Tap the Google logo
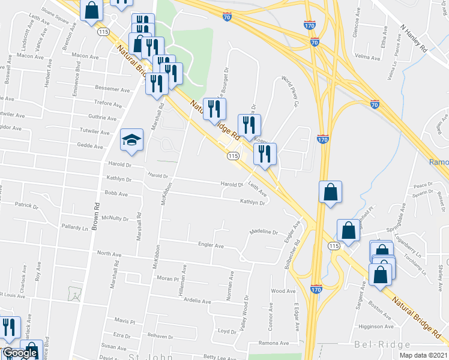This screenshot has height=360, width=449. (x=20, y=353)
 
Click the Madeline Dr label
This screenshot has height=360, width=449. (x=264, y=232)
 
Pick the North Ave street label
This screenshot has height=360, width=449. (x=109, y=254)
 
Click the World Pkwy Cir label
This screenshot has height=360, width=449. (x=289, y=91)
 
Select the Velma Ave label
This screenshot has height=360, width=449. (x=367, y=58)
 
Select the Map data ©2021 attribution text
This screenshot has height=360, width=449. (x=423, y=355)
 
